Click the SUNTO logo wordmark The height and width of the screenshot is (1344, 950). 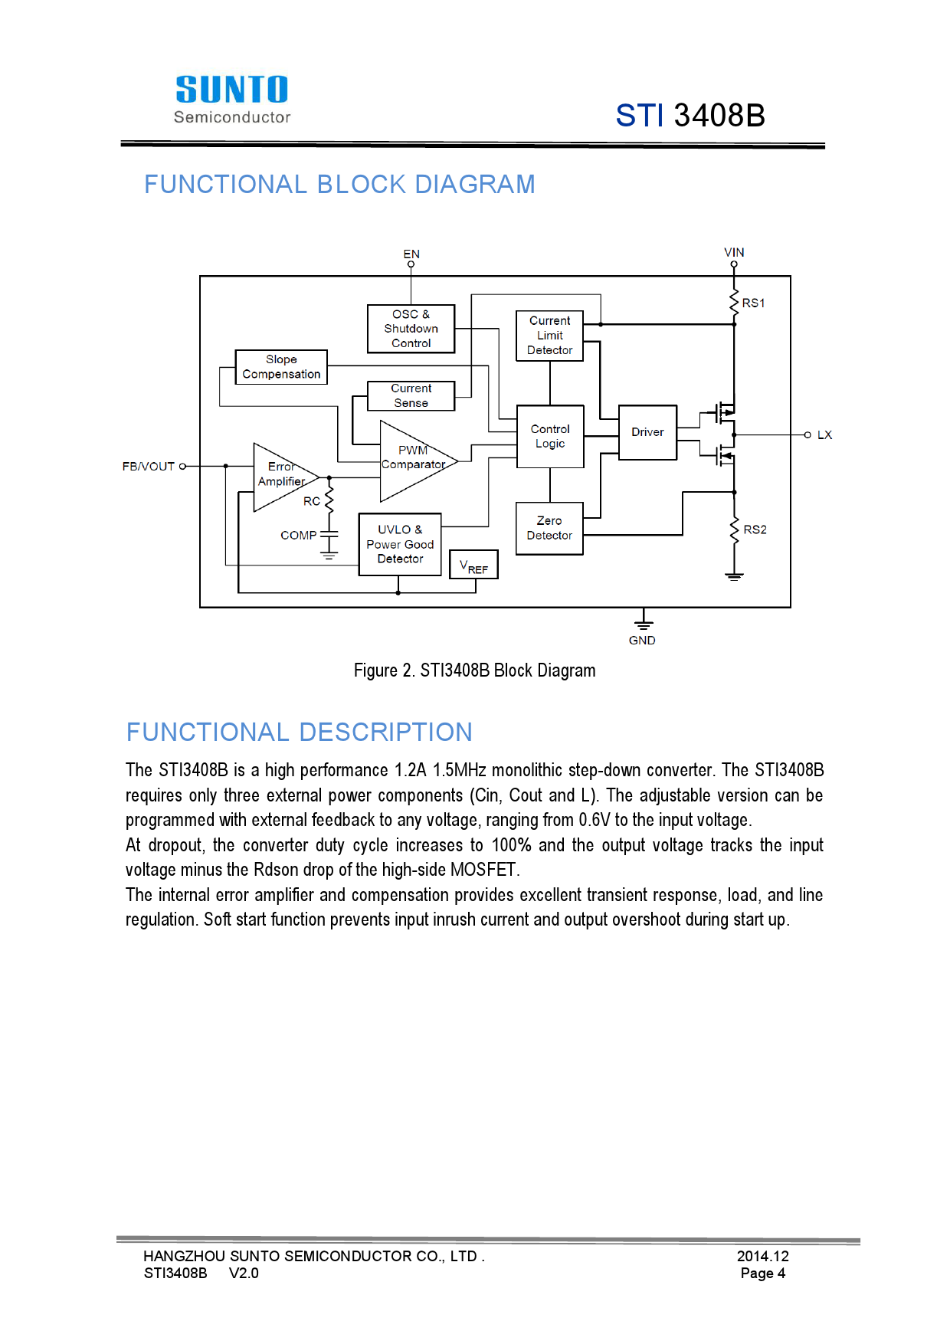click(x=232, y=90)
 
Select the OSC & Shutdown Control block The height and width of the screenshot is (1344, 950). click(x=411, y=329)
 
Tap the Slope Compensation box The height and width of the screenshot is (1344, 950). click(x=281, y=367)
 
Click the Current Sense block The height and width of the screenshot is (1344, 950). click(x=411, y=395)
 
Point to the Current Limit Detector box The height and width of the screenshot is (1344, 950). click(x=549, y=336)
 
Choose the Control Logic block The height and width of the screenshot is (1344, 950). click(x=550, y=436)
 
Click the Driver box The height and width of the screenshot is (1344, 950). click(x=647, y=432)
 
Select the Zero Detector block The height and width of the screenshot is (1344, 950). click(x=549, y=528)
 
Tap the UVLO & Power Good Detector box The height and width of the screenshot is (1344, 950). click(x=400, y=544)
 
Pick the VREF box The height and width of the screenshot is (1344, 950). click(x=473, y=565)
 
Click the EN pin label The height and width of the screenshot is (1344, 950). click(x=411, y=254)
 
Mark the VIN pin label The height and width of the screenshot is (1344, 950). click(x=734, y=252)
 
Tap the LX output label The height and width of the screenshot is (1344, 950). click(x=824, y=434)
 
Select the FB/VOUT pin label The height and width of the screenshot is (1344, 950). click(x=149, y=466)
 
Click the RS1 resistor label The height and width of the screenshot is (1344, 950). click(x=753, y=303)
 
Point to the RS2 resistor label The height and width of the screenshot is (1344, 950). click(x=755, y=529)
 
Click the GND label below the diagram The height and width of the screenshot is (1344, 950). click(x=642, y=640)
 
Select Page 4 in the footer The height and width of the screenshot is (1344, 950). click(x=762, y=1274)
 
